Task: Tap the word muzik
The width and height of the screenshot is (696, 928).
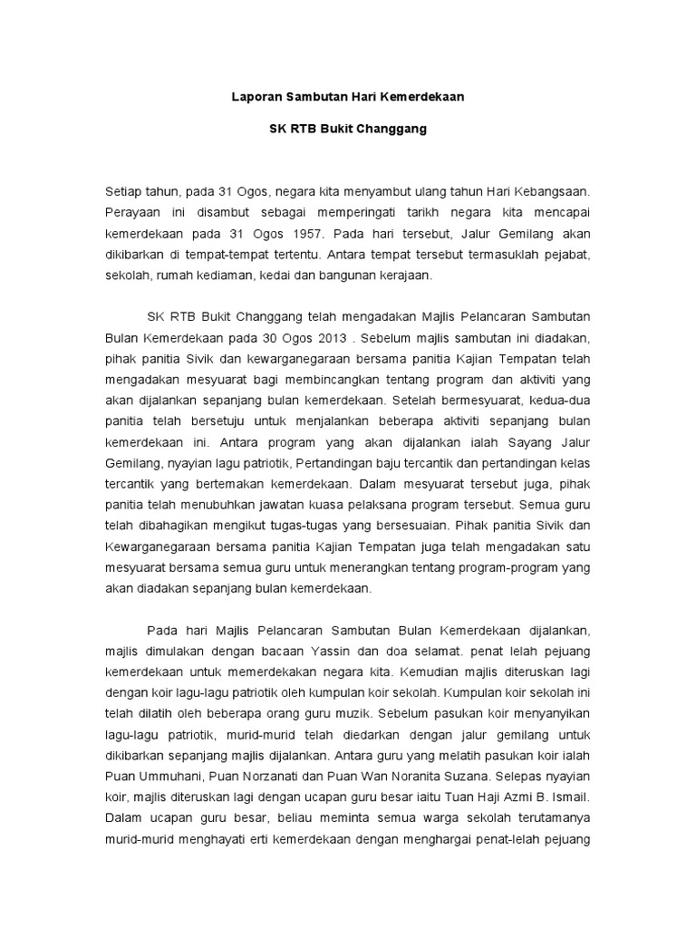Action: [354, 712]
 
